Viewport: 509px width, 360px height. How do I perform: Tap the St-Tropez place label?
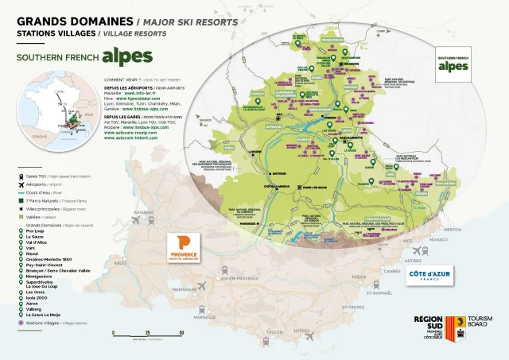[352, 305]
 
